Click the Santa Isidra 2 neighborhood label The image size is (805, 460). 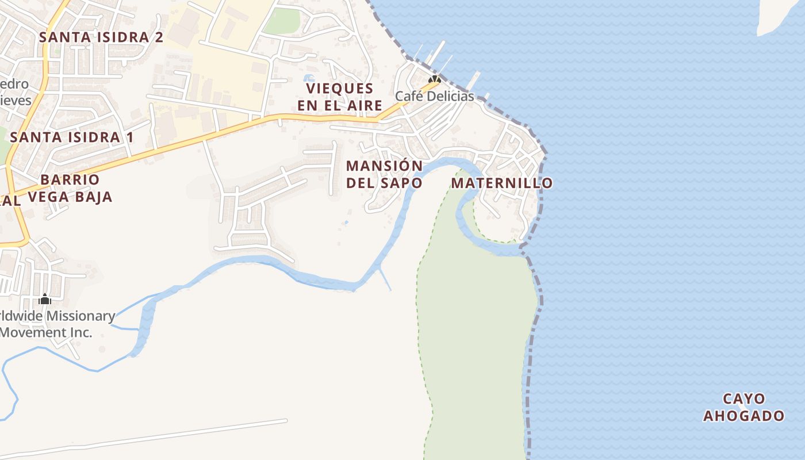click(x=101, y=37)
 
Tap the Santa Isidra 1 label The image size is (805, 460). click(x=72, y=137)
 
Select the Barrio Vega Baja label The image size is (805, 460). click(x=70, y=188)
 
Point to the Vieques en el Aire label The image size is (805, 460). click(x=340, y=97)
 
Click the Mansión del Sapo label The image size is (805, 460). click(x=384, y=174)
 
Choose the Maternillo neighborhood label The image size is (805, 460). click(x=501, y=183)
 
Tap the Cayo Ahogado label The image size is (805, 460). click(x=744, y=407)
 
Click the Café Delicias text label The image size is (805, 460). click(x=434, y=96)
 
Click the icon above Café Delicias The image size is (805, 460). click(x=434, y=79)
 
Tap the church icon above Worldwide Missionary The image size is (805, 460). click(x=45, y=299)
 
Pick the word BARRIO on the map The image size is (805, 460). click(x=70, y=179)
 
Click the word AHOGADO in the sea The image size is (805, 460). click(x=744, y=416)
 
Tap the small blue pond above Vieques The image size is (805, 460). click(x=309, y=78)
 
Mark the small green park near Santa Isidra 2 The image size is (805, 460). click(x=282, y=22)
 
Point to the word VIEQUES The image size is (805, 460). click(x=340, y=89)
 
